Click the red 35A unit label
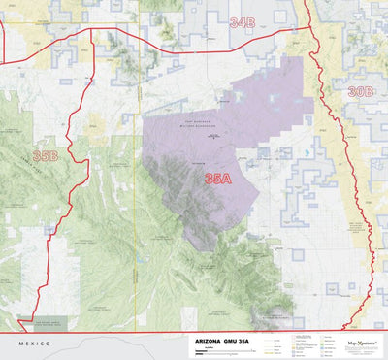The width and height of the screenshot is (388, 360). (217, 179)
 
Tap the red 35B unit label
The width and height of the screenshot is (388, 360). (45, 155)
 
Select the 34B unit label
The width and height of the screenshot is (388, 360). (242, 21)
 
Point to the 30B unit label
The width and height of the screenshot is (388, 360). (360, 91)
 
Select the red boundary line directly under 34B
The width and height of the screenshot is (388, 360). (242, 35)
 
